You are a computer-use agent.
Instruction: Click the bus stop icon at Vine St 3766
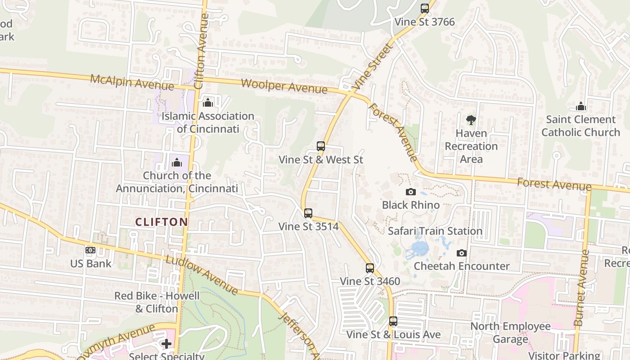click(424, 8)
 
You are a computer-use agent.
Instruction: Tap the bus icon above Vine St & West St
click(320, 146)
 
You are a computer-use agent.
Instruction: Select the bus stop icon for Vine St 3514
click(308, 213)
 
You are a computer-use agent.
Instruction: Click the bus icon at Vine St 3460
click(369, 268)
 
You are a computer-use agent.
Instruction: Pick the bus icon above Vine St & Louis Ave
click(393, 321)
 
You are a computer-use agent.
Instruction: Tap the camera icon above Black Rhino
click(410, 192)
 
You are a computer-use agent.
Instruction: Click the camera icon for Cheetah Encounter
click(461, 253)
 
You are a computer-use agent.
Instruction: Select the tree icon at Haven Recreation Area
click(471, 120)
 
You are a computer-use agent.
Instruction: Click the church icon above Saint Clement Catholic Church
click(580, 107)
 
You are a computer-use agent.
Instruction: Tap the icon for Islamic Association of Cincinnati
click(207, 103)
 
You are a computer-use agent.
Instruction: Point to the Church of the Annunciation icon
click(177, 162)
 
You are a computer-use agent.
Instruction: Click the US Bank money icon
click(90, 250)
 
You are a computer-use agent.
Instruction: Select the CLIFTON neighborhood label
click(162, 222)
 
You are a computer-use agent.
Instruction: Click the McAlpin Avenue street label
click(132, 82)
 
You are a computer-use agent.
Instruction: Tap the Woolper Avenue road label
click(284, 85)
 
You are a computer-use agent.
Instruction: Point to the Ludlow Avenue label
click(201, 275)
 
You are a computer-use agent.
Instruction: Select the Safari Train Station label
click(435, 231)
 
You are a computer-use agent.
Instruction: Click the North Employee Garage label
click(510, 333)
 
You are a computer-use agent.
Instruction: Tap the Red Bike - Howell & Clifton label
click(157, 302)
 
